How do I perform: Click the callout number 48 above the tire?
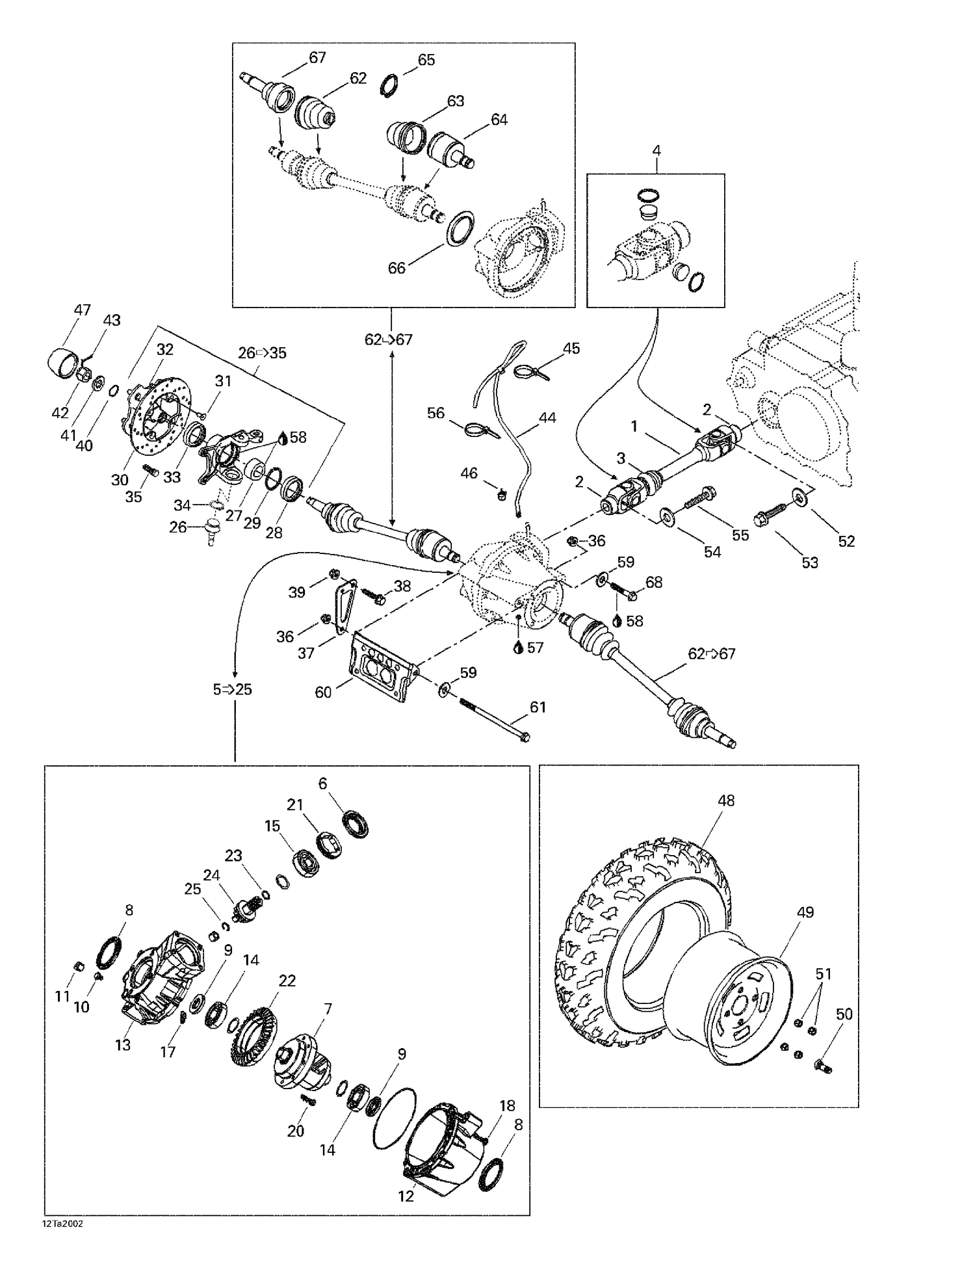pyautogui.click(x=725, y=800)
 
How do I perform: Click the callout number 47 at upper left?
pyautogui.click(x=82, y=310)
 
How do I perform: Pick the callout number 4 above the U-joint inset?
pyautogui.click(x=656, y=151)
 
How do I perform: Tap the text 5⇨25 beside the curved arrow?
pyautogui.click(x=232, y=689)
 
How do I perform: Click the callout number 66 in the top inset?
pyautogui.click(x=396, y=268)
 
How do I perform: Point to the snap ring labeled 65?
pyautogui.click(x=388, y=85)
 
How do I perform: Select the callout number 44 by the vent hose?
pyautogui.click(x=547, y=417)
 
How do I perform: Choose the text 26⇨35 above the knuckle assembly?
pyautogui.click(x=262, y=353)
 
